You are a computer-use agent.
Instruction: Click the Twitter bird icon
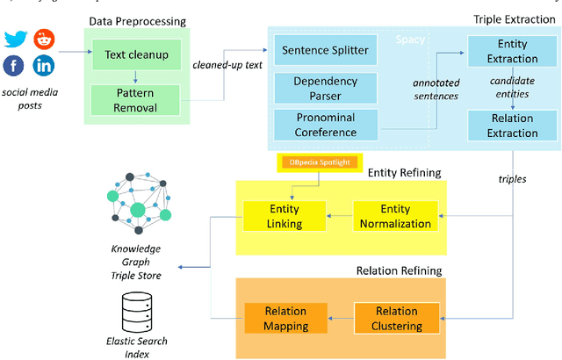(16, 39)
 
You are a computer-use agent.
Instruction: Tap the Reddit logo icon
(43, 39)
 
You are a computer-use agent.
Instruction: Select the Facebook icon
(15, 65)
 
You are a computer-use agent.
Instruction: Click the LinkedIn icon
(43, 65)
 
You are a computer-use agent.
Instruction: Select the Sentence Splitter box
(323, 51)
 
